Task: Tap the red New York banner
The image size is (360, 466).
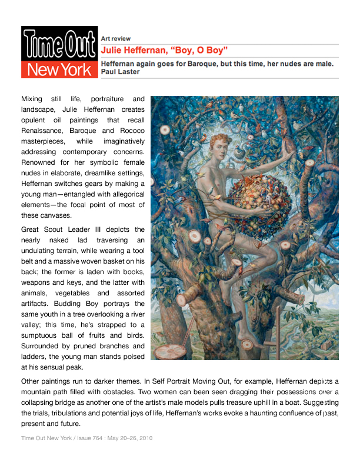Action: (59, 70)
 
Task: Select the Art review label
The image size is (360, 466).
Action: (116, 38)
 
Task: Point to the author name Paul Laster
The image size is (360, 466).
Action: (121, 72)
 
